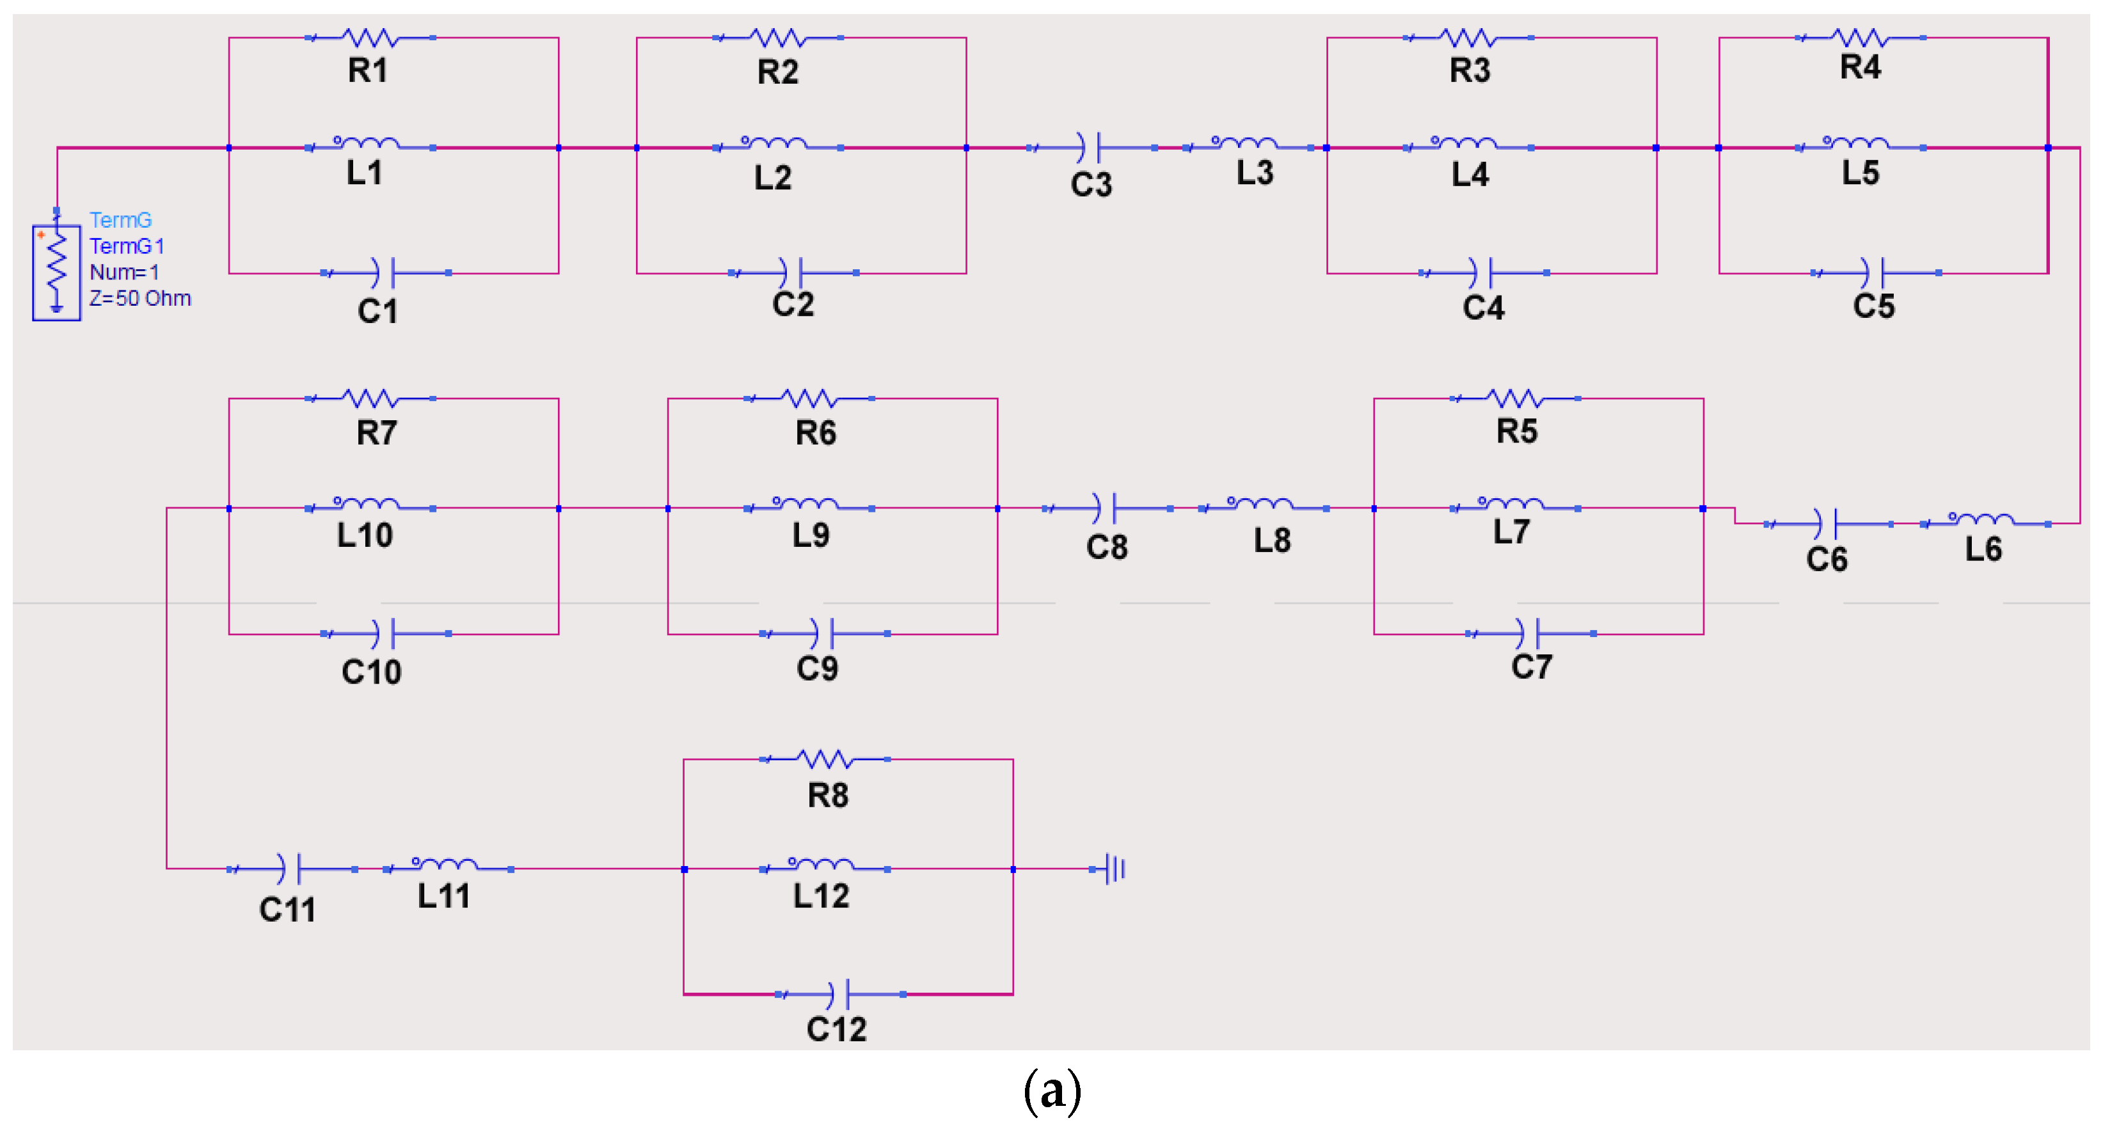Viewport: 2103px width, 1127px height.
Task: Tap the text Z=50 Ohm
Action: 139,299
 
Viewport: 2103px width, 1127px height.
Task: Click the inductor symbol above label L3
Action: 1248,145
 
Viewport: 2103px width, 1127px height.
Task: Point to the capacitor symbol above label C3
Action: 1091,148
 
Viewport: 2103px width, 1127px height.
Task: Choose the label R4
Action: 1860,67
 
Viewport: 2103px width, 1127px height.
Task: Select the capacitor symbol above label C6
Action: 1827,524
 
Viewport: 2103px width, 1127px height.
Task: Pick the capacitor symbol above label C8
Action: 1107,508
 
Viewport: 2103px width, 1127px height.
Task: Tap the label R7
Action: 376,432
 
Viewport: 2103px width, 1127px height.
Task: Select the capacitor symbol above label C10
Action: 385,633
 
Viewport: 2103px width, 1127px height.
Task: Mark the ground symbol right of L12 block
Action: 1113,869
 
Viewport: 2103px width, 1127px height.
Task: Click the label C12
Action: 836,1029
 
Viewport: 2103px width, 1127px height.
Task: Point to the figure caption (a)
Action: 1052,1091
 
